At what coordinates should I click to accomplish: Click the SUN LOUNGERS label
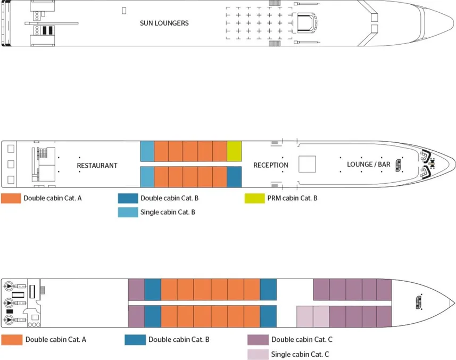[164, 23]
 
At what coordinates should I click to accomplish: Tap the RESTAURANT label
[97, 165]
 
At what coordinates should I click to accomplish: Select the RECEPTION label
[270, 165]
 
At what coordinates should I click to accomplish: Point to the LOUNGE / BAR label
[368, 165]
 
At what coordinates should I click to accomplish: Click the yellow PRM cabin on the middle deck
[234, 151]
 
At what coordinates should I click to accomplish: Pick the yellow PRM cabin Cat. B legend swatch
[254, 198]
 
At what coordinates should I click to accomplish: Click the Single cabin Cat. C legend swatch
[258, 354]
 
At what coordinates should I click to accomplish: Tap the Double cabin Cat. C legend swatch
[258, 340]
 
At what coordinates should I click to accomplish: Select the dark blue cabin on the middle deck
[234, 177]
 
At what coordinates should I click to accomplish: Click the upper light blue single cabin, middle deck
[147, 151]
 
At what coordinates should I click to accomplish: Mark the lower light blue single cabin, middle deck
[147, 177]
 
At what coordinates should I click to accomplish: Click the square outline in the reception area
[307, 163]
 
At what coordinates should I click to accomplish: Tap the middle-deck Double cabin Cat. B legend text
[169, 198]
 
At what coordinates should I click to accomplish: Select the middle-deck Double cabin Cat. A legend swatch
[11, 198]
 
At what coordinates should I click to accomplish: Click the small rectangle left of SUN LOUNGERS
[124, 10]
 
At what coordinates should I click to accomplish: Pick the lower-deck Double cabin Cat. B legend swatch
[135, 340]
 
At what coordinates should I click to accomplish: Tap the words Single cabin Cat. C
[300, 354]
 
